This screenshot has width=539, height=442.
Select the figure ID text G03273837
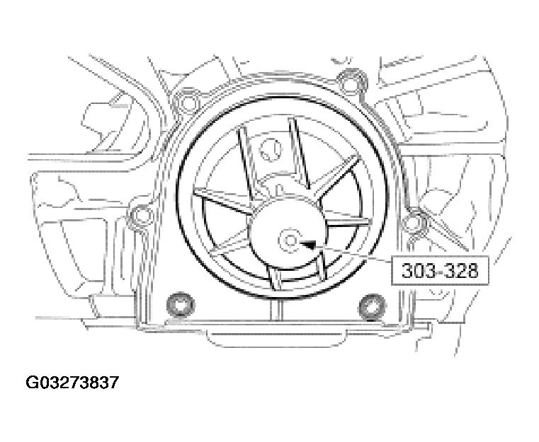(72, 383)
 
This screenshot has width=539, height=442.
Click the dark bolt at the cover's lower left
(178, 304)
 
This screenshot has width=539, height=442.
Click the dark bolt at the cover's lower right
(370, 306)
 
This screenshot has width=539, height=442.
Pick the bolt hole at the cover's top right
(347, 79)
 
